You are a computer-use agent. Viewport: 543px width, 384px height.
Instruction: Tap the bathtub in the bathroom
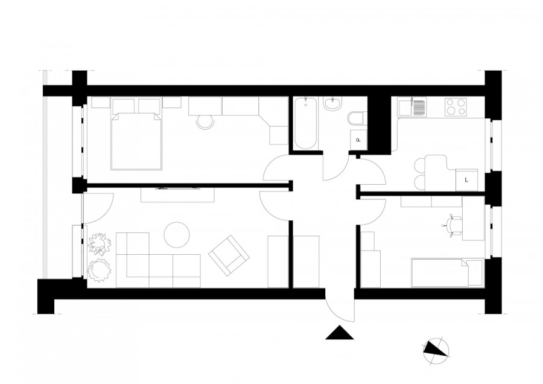(x=305, y=123)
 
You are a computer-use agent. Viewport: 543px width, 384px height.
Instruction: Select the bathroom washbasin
(x=332, y=106)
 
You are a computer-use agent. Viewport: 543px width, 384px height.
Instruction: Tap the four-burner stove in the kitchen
(x=456, y=107)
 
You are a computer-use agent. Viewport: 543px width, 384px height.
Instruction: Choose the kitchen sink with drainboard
(x=413, y=107)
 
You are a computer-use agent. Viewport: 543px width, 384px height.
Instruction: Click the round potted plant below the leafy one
(x=97, y=270)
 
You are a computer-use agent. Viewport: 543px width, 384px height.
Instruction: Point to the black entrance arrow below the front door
(x=339, y=333)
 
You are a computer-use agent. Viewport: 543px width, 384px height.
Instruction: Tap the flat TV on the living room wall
(x=177, y=189)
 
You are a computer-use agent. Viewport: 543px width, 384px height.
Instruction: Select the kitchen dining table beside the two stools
(x=436, y=165)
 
